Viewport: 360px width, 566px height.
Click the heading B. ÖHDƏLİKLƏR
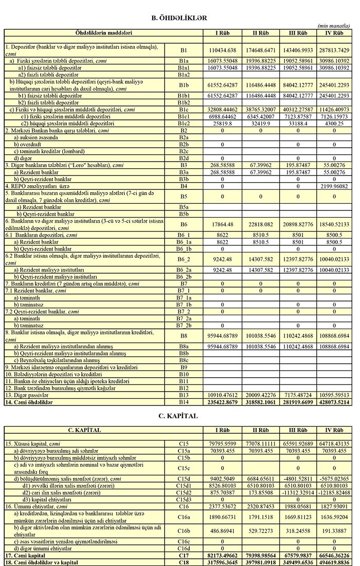tap(179, 17)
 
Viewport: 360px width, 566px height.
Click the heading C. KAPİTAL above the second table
tap(179, 416)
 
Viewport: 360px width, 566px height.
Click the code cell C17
tap(184, 552)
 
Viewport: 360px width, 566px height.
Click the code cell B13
tap(184, 394)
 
